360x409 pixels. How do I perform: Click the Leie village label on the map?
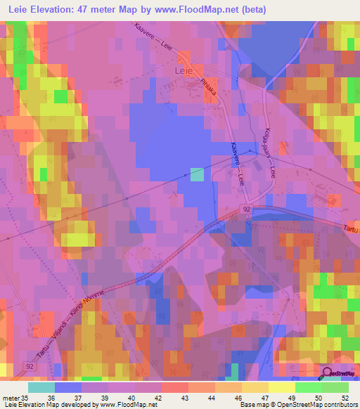coord(183,70)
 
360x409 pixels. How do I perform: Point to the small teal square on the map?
coord(197,174)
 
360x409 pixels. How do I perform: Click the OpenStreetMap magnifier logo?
coord(328,375)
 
